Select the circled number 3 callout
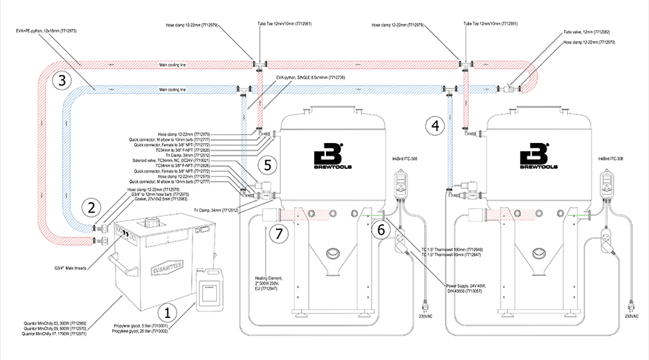tap(63, 80)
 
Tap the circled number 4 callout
tap(436, 125)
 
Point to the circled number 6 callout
tap(379, 229)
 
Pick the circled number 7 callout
tap(279, 234)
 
